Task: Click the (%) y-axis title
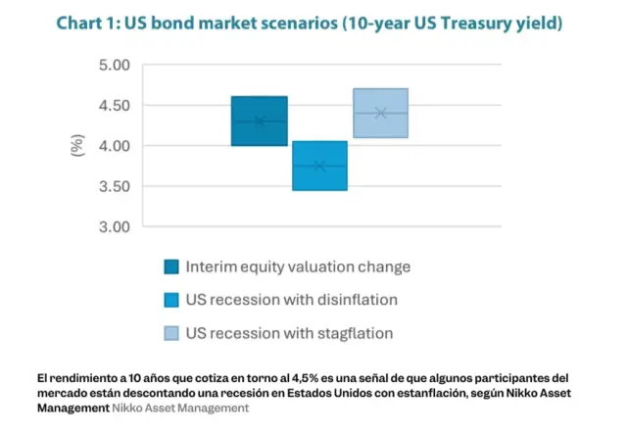click(77, 146)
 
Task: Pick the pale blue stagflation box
click(380, 100)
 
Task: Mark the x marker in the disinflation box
click(319, 166)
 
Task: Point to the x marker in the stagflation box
click(380, 113)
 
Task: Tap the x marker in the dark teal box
click(259, 121)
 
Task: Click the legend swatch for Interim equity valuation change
click(171, 266)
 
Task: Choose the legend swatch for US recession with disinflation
click(171, 300)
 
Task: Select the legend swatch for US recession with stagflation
click(171, 333)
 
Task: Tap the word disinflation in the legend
click(356, 300)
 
